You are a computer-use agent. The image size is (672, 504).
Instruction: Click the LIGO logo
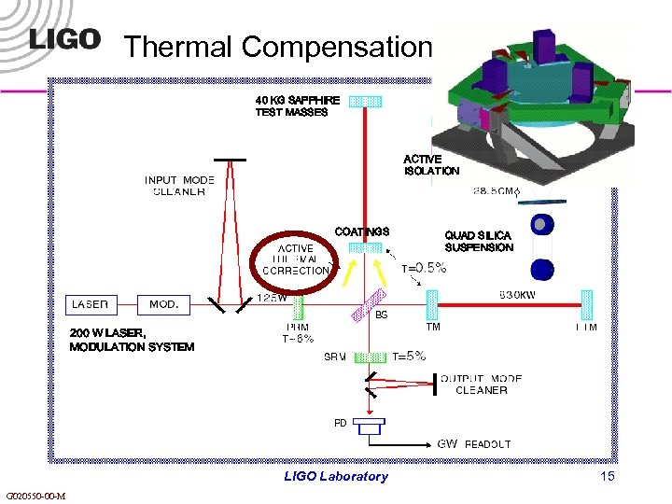[64, 38]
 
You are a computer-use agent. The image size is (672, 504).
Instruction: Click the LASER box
[91, 304]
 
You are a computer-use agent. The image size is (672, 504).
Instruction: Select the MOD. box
[163, 304]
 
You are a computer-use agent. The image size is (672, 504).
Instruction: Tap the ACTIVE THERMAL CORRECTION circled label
[296, 259]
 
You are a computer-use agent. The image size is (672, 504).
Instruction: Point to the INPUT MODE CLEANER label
[179, 186]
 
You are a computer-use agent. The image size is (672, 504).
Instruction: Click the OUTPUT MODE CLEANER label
[482, 385]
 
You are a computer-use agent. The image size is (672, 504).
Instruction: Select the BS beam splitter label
[381, 315]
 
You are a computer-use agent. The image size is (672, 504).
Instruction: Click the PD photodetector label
[341, 423]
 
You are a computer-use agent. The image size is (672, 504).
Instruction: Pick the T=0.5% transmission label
[424, 268]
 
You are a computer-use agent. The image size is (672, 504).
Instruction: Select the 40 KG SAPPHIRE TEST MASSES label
[292, 105]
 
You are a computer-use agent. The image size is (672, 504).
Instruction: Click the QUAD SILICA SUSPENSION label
[479, 242]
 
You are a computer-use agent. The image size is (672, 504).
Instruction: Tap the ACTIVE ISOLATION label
[431, 165]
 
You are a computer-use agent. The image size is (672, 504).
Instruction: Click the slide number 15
[608, 477]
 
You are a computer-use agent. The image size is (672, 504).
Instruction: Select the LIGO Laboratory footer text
[336, 477]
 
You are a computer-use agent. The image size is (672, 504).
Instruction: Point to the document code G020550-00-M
[35, 496]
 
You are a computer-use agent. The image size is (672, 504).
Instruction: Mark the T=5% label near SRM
[409, 356]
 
